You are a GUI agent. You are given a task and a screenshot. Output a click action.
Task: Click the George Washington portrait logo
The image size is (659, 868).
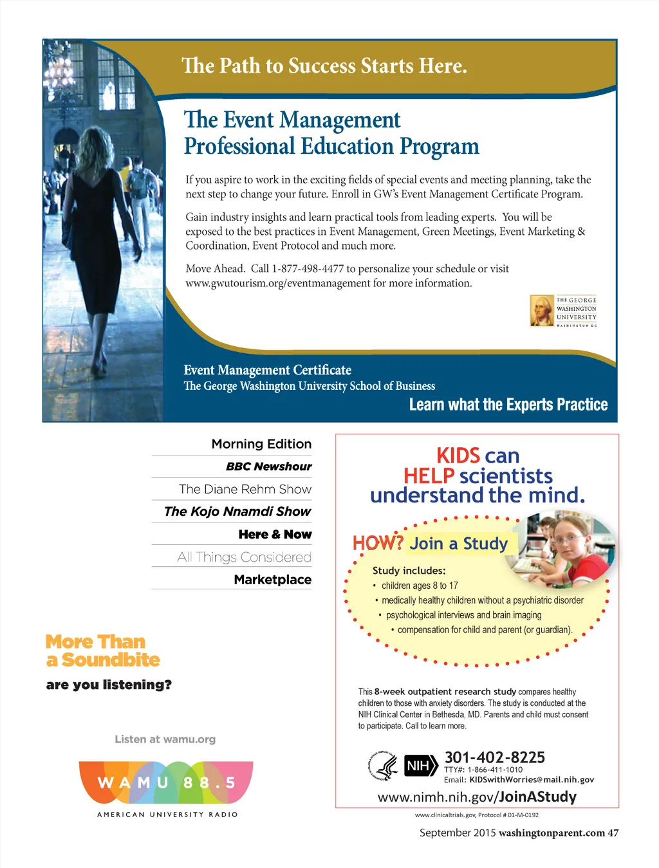[542, 310]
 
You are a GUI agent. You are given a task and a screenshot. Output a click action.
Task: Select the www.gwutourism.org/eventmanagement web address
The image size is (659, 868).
[277, 283]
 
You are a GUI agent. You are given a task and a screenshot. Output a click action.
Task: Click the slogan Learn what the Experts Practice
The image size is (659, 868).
[508, 405]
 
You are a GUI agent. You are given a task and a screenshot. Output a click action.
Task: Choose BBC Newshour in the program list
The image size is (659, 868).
[268, 466]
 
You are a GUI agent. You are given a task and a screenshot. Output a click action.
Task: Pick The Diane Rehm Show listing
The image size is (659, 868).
[245, 489]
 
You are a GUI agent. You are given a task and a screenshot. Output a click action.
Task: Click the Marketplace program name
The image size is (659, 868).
[272, 580]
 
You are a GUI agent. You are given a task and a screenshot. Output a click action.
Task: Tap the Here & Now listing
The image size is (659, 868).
[275, 534]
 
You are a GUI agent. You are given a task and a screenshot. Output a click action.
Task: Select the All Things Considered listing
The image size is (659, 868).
[244, 557]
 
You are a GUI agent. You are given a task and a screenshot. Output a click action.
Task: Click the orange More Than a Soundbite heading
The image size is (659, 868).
[102, 651]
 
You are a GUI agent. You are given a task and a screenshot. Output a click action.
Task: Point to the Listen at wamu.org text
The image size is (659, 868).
[165, 739]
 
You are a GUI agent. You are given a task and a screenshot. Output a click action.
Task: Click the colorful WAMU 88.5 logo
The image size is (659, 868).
[166, 782]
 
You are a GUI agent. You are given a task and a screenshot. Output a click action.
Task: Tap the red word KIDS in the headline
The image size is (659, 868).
[458, 456]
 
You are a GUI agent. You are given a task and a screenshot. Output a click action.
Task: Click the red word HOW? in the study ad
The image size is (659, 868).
[378, 543]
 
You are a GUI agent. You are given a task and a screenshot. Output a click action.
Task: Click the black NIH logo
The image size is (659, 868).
[418, 766]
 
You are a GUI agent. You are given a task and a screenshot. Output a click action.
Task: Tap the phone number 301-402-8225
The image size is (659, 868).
[494, 757]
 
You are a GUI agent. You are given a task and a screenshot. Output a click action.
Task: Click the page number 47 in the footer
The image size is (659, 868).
[613, 833]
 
